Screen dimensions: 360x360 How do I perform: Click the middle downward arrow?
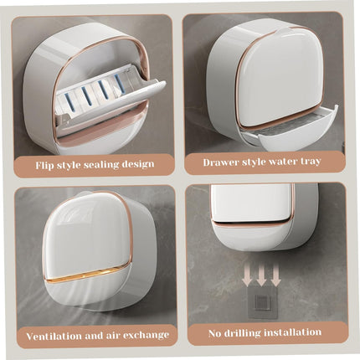tap(262, 274)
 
